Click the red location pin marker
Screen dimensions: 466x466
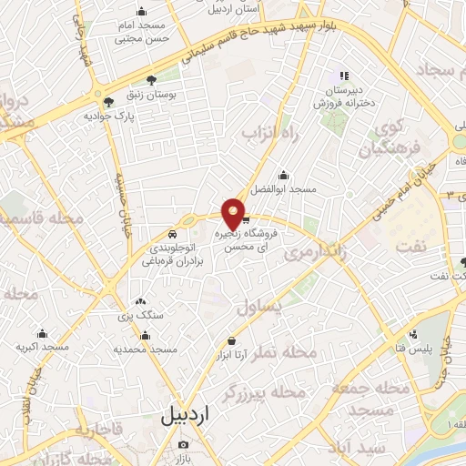tap(234, 214)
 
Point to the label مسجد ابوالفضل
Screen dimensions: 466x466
tap(284, 189)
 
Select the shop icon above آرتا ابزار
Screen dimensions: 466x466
tap(232, 341)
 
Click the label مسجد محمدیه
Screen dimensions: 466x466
tap(145, 349)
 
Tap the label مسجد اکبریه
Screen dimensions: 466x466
tap(41, 349)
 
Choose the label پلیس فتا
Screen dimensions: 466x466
tap(414, 349)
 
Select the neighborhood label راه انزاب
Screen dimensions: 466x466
tap(265, 133)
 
